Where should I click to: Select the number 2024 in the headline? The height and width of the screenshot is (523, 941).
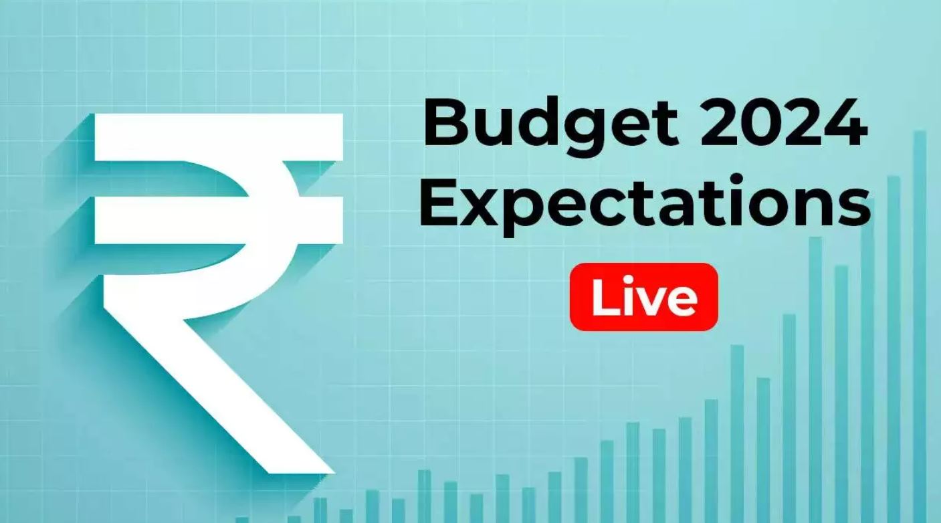(782, 122)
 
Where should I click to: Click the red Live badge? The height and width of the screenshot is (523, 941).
(643, 297)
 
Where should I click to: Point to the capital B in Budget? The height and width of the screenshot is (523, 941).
(446, 121)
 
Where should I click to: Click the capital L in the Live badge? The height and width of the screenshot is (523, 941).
(605, 296)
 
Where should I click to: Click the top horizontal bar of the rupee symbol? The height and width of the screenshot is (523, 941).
(219, 137)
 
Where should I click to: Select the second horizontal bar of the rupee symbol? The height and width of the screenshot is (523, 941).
(219, 220)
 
